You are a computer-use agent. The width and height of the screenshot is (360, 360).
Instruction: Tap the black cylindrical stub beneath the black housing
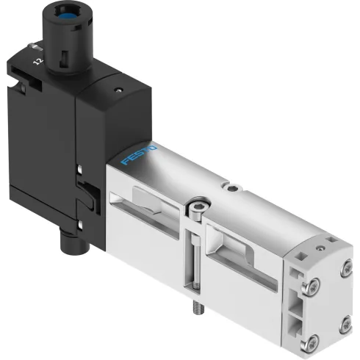point(71,239)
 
